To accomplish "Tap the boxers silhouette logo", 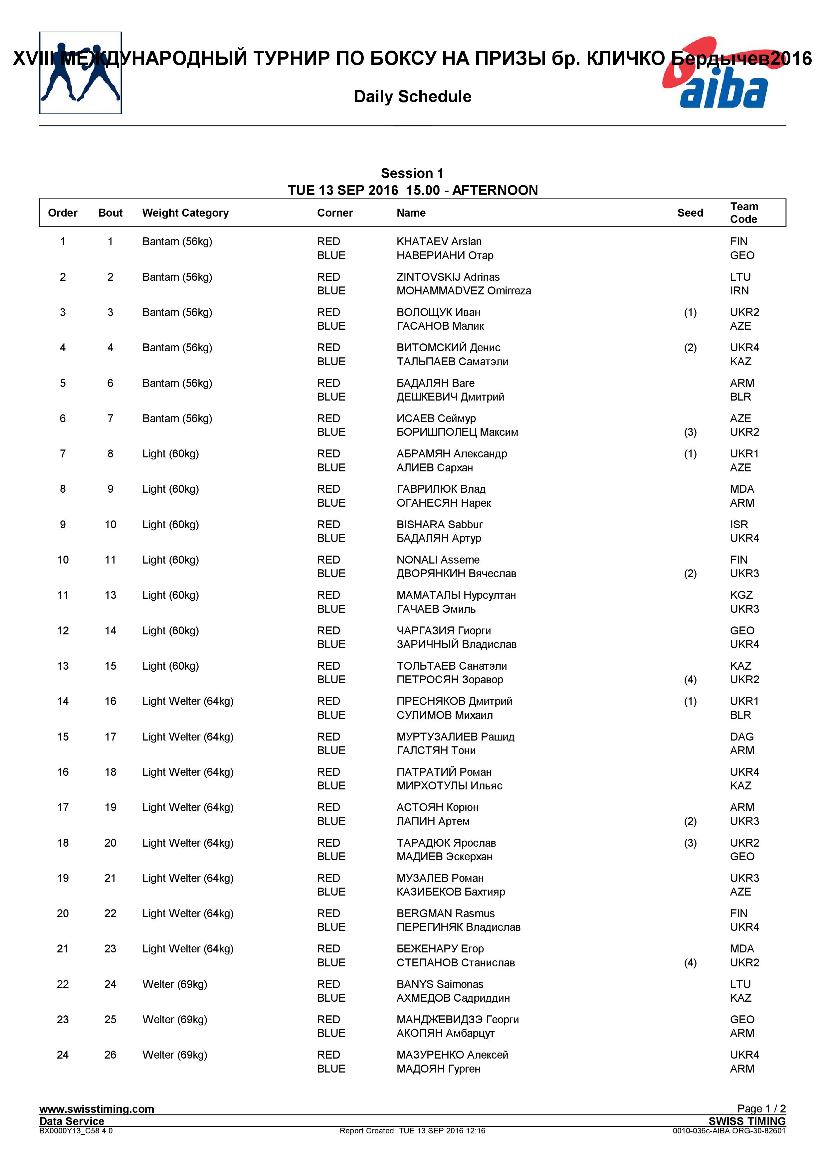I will click(x=80, y=73).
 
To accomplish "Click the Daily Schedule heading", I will click(x=412, y=96).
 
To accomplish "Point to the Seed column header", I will click(x=690, y=213).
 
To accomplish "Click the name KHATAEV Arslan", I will click(x=439, y=242).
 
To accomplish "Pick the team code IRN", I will click(x=739, y=291).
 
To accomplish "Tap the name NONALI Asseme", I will click(x=438, y=560).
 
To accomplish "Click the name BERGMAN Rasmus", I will click(x=445, y=914).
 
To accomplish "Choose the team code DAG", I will click(x=742, y=737).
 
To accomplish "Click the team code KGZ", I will click(x=741, y=595).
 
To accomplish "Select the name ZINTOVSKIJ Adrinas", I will click(x=448, y=277).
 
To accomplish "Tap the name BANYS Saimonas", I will click(x=440, y=984).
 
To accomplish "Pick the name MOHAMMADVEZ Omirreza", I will click(x=464, y=291).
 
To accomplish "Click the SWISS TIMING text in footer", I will click(x=747, y=1121).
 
